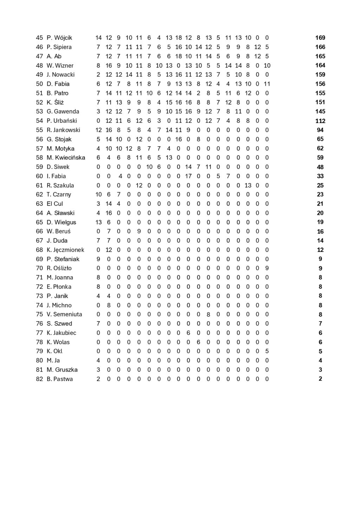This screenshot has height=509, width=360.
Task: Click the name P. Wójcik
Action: pyautogui.click(x=59, y=38)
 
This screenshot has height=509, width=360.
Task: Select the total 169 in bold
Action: pyautogui.click(x=320, y=38)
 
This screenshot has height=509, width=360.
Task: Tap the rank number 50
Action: pyautogui.click(x=39, y=84)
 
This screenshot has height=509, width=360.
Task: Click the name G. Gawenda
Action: pyautogui.click(x=63, y=111)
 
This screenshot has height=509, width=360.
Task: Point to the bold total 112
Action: pyautogui.click(x=320, y=121)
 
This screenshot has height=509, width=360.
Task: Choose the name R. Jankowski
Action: pyautogui.click(x=63, y=130)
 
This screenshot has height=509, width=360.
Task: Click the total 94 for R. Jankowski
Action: pyautogui.click(x=320, y=130)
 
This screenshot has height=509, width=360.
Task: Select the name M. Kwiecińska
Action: pyautogui.click(x=66, y=157)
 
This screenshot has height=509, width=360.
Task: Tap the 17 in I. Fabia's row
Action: pyautogui.click(x=188, y=176)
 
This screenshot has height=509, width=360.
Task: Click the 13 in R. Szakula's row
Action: pyautogui.click(x=248, y=185)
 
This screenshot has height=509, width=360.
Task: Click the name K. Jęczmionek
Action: pyautogui.click(x=65, y=250)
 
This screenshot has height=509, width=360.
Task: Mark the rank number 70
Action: pyautogui.click(x=39, y=268)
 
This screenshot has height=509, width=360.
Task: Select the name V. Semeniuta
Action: pyautogui.click(x=64, y=314)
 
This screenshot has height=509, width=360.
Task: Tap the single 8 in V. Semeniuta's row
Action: pyautogui.click(x=208, y=314)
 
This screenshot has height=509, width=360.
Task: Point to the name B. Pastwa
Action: pyautogui.click(x=60, y=379)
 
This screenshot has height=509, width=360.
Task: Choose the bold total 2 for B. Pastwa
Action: pyautogui.click(x=320, y=379)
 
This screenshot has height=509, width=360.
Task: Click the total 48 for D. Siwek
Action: pyautogui.click(x=320, y=167)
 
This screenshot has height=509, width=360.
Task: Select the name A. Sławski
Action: pyautogui.click(x=60, y=213)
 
